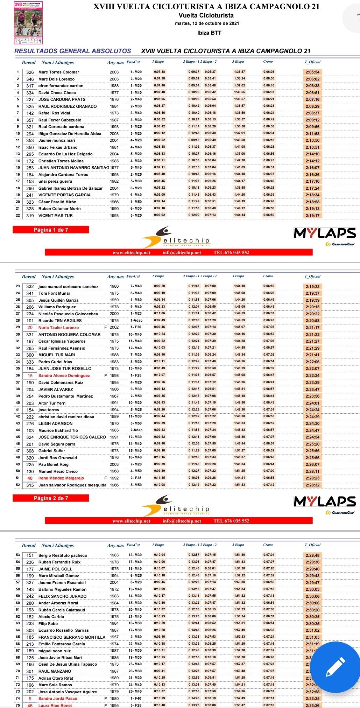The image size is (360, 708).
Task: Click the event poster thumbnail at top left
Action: pyautogui.click(x=28, y=22)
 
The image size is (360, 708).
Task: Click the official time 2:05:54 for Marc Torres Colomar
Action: pyautogui.click(x=312, y=72)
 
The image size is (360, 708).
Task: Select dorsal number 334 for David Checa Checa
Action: pyautogui.click(x=30, y=93)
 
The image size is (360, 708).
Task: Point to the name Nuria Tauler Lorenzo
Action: pyautogui.click(x=58, y=328)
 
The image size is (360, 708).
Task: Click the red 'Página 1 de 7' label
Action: pyautogui.click(x=51, y=230)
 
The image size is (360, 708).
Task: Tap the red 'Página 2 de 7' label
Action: pyautogui.click(x=51, y=498)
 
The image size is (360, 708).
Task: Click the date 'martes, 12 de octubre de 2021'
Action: pyautogui.click(x=207, y=23)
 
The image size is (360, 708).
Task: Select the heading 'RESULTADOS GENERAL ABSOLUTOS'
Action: pyautogui.click(x=73, y=51)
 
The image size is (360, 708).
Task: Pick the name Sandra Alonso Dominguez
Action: pyautogui.click(x=64, y=376)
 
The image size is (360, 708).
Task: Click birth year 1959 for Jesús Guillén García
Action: pyautogui.click(x=114, y=300)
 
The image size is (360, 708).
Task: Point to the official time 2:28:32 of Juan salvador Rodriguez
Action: pyautogui.click(x=312, y=485)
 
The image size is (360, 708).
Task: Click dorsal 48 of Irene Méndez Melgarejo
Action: pyautogui.click(x=30, y=478)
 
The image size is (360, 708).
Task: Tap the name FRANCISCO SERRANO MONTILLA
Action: pyautogui.click(x=72, y=637)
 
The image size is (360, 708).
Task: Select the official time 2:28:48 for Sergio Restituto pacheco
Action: pyautogui.click(x=312, y=555)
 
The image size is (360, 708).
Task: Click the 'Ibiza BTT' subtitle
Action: pyautogui.click(x=209, y=33)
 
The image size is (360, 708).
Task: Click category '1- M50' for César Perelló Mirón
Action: pyautogui.click(x=136, y=202)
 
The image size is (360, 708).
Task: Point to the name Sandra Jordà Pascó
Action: pyautogui.click(x=58, y=699)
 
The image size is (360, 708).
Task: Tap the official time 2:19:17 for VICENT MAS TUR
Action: pyautogui.click(x=312, y=216)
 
